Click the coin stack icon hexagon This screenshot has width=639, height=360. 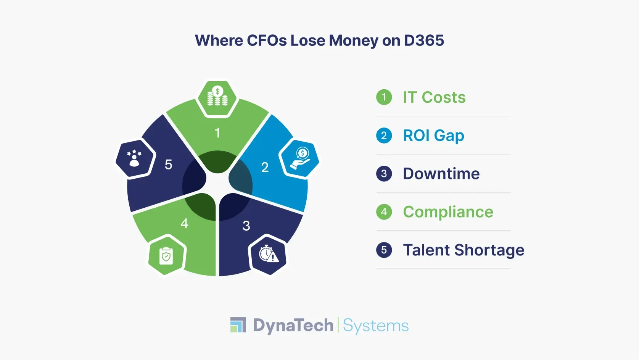click(x=217, y=98)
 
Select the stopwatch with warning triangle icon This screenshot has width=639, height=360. click(x=269, y=253)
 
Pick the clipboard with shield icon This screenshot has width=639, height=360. click(x=166, y=256)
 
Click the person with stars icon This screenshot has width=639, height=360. click(x=134, y=158)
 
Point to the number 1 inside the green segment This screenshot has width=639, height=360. click(x=217, y=133)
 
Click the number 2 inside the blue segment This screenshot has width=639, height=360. click(x=265, y=167)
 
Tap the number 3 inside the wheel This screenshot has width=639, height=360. click(x=246, y=226)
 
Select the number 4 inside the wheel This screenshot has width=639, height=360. click(x=185, y=223)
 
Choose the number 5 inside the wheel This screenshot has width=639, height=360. click(x=169, y=165)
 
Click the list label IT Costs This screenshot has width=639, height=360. click(x=434, y=97)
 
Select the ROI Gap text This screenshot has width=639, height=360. click(x=434, y=136)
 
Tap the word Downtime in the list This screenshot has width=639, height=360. click(x=441, y=174)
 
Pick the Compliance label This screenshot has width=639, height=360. click(x=448, y=212)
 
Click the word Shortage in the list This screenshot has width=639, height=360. click(x=489, y=250)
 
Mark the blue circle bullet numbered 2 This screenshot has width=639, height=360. click(x=384, y=135)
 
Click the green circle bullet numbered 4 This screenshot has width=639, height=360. click(x=384, y=212)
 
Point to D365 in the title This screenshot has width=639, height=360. click(x=424, y=40)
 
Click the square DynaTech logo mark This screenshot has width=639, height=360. click(x=238, y=324)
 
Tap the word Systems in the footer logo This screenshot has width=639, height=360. click(x=376, y=326)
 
